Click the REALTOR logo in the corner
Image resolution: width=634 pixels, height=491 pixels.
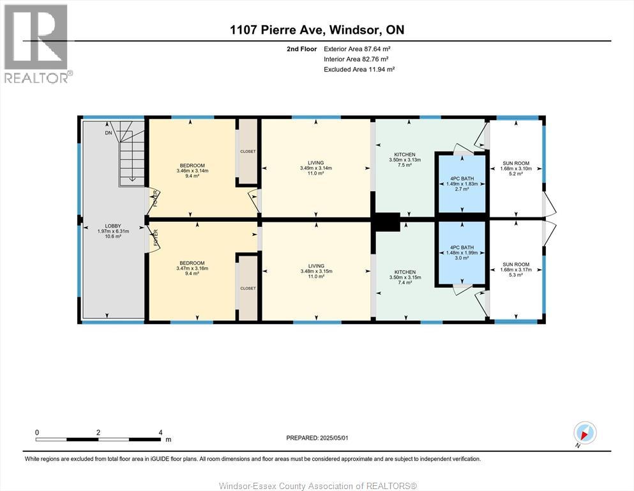click(x=36, y=43)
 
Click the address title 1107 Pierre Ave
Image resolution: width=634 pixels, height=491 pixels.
click(x=317, y=29)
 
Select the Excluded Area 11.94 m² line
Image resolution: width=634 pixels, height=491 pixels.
click(x=359, y=69)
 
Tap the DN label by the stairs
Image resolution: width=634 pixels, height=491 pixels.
click(x=109, y=133)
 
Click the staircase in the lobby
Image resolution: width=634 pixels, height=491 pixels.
click(x=132, y=153)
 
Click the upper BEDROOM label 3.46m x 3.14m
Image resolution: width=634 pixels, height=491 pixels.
click(x=192, y=171)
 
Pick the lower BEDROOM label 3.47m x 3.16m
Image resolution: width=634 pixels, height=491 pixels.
click(x=192, y=268)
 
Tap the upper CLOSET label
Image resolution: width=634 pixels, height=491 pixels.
click(x=248, y=152)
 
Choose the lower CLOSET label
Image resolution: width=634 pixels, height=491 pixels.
click(x=248, y=288)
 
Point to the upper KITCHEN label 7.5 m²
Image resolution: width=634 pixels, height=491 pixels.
click(x=405, y=160)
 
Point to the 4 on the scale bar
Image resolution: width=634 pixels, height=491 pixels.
click(x=161, y=432)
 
